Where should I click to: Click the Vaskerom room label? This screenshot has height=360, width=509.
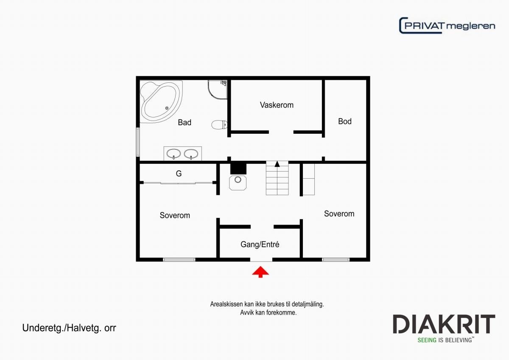tap(277, 105)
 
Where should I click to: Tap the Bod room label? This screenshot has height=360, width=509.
tap(344, 121)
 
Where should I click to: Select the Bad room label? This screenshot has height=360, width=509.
tap(185, 123)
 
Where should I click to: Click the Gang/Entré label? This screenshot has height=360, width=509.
tap(260, 245)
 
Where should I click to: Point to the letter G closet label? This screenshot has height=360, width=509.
tap(179, 174)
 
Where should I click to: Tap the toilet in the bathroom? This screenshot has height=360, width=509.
tap(219, 124)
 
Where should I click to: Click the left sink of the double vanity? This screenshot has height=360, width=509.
tap(174, 153)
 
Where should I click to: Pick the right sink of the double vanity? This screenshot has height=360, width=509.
tap(192, 153)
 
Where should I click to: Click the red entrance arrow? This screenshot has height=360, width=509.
tap(260, 272)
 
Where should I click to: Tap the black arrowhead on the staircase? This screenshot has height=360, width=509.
tap(277, 164)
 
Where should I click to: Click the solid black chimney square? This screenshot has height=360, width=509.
tap(238, 168)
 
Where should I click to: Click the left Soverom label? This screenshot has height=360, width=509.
tap(175, 215)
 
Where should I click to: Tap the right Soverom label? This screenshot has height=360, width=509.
tap(339, 214)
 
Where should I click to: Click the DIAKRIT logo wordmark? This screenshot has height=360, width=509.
tap(444, 324)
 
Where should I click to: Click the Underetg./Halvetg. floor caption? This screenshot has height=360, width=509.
tap(69, 328)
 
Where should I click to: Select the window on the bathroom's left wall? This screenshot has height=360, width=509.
tap(137, 141)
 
